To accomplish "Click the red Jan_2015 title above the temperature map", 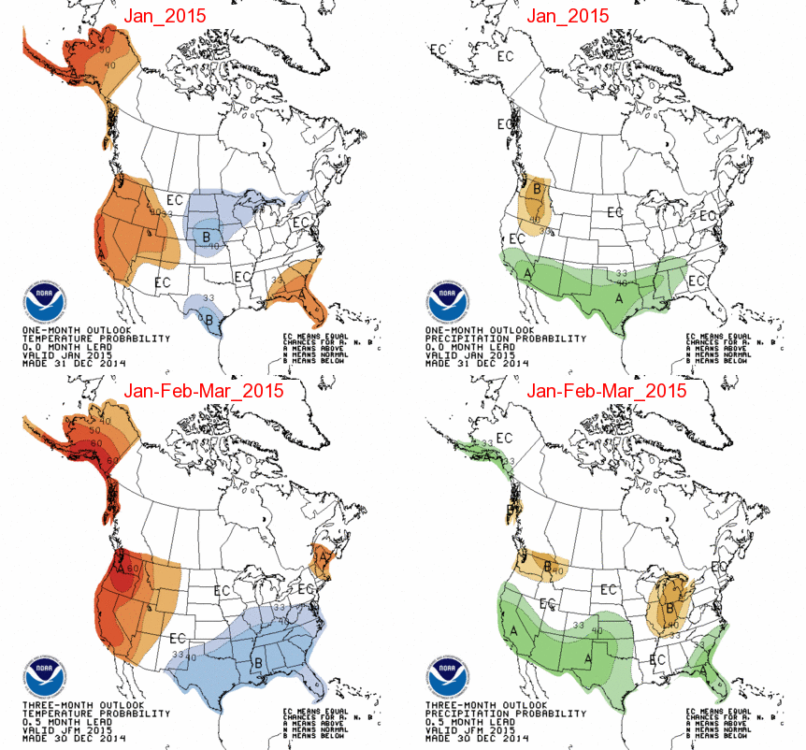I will (x=174, y=16).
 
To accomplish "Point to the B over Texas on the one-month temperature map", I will (x=210, y=319).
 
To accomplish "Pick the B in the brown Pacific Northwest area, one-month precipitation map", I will (x=537, y=190).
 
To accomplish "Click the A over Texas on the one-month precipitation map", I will (x=617, y=297).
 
